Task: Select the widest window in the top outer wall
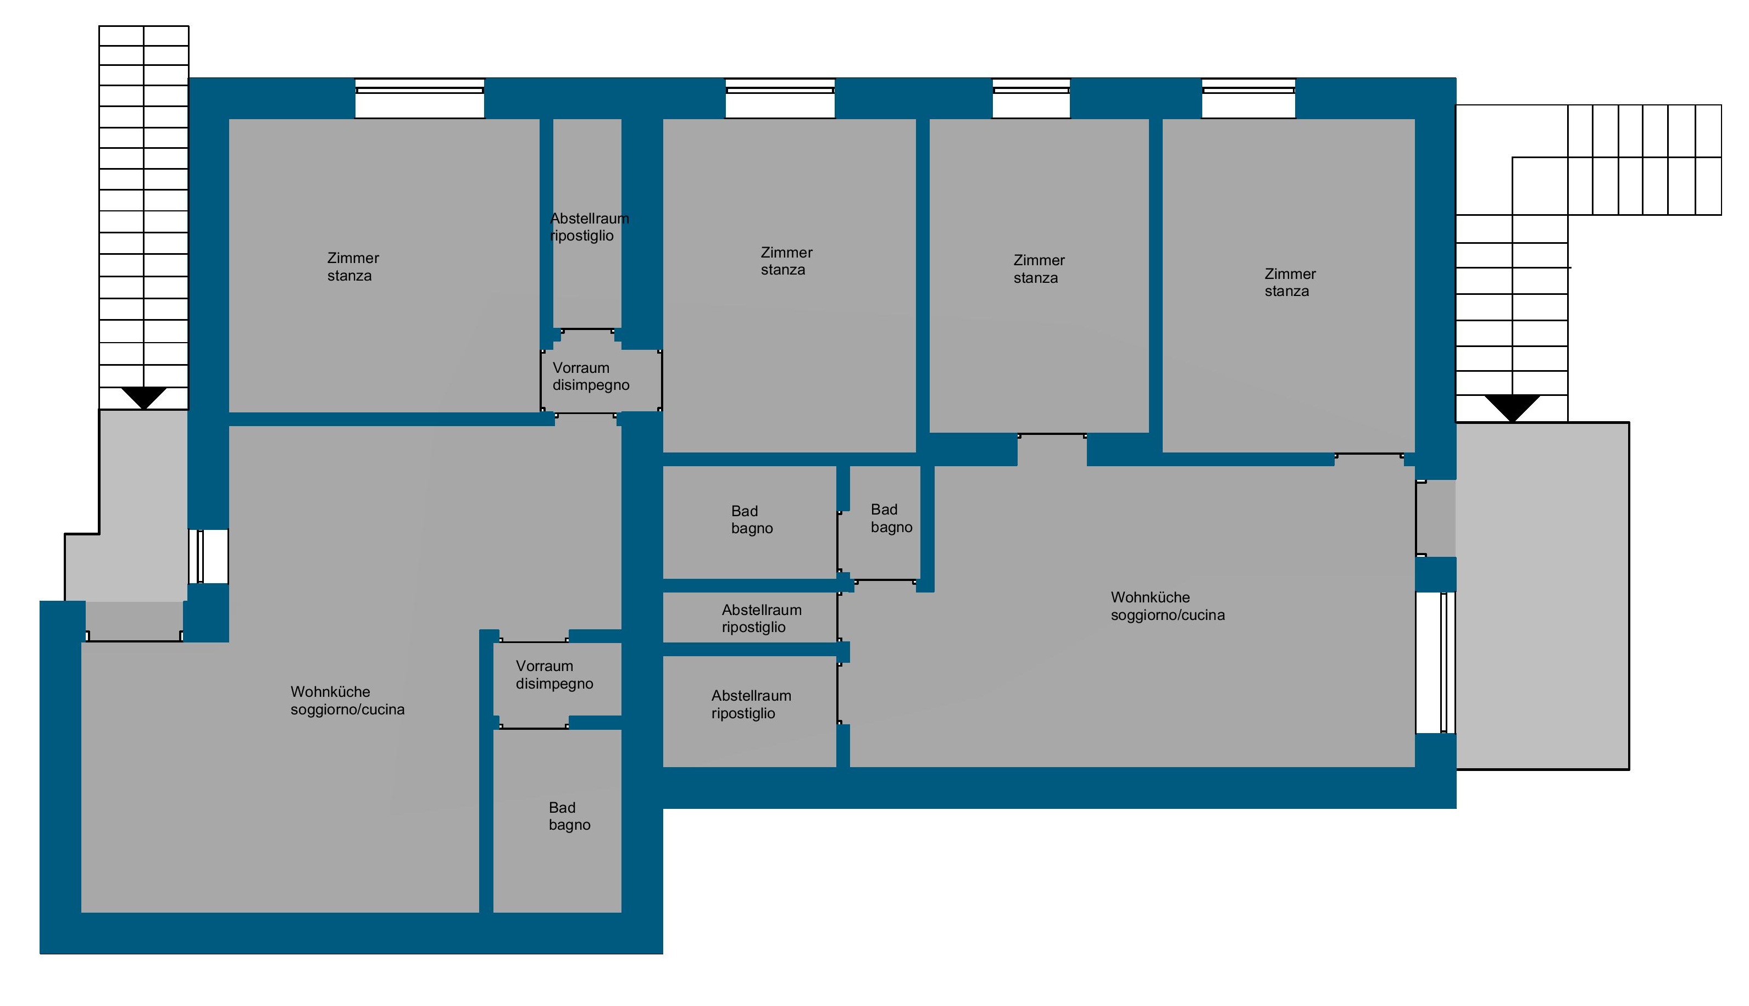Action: pos(420,99)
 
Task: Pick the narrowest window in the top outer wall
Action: pos(1031,99)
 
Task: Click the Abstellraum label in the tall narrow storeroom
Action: pos(590,219)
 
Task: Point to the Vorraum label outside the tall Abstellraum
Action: pos(581,367)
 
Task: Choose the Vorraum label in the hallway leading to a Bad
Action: pos(544,666)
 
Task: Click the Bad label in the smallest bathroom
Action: pos(884,509)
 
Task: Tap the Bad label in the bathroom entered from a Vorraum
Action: pos(562,808)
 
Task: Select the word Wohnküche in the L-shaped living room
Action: pos(330,692)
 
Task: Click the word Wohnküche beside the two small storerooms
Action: pos(1150,597)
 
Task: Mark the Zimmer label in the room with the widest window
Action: pos(353,258)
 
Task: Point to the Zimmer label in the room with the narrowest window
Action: pos(1039,260)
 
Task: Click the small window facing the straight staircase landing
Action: pos(208,556)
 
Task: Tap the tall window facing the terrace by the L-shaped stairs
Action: pos(1436,663)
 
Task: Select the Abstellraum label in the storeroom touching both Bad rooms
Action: pos(762,610)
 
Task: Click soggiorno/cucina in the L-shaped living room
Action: pos(348,709)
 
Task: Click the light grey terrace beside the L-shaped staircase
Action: pos(1542,596)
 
